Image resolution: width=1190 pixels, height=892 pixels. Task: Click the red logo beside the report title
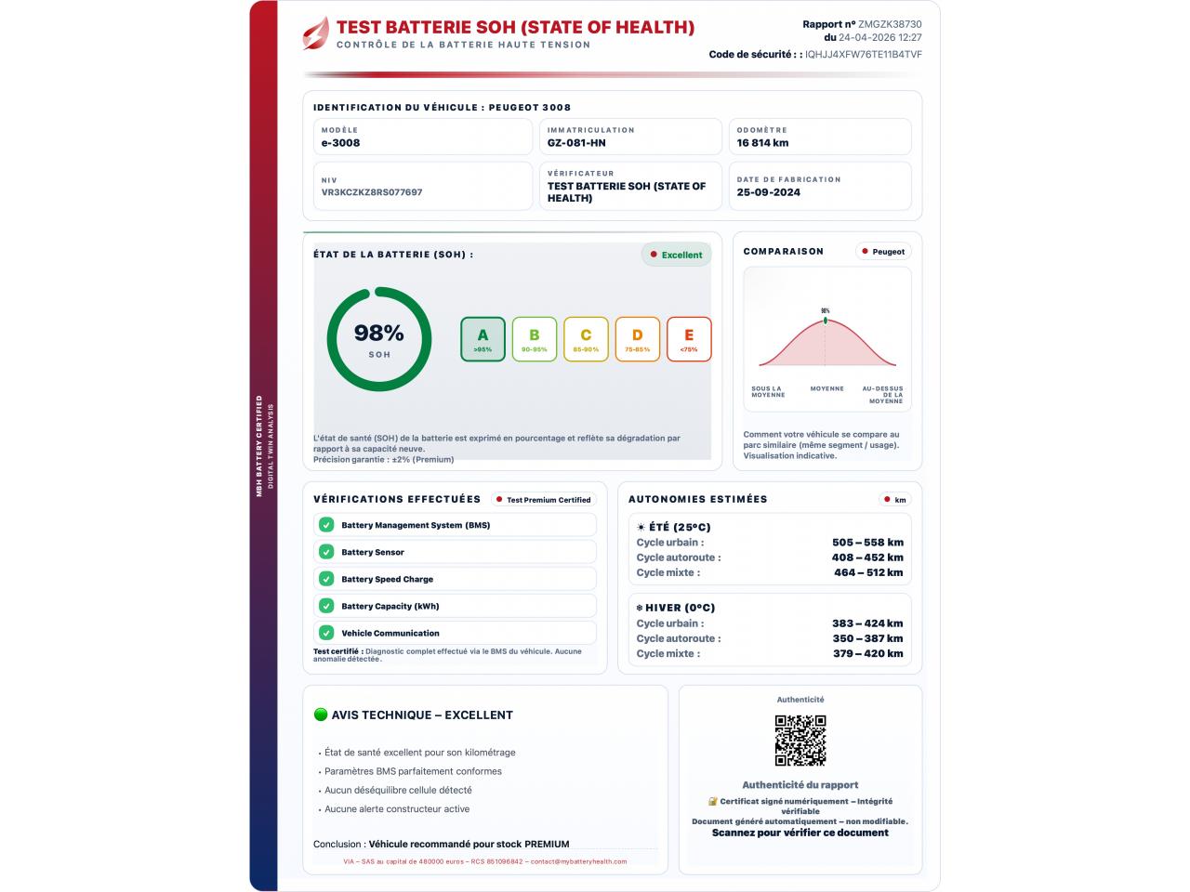click(x=316, y=33)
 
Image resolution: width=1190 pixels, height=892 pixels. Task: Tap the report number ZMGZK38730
click(x=890, y=24)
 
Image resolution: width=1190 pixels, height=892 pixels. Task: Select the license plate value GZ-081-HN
click(x=576, y=143)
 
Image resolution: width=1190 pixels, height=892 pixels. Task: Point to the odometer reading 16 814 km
click(x=762, y=143)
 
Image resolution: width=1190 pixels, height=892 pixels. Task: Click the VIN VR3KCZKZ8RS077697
click(x=372, y=192)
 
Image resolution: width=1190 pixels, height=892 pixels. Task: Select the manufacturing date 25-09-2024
click(x=769, y=192)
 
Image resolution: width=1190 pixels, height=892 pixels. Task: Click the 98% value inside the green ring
click(x=378, y=333)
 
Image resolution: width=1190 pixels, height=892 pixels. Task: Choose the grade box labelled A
click(x=483, y=339)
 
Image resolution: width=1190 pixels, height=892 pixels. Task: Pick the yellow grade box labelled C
click(x=586, y=339)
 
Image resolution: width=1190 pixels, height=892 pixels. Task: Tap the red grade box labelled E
click(x=689, y=339)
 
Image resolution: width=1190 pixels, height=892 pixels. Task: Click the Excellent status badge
click(x=677, y=255)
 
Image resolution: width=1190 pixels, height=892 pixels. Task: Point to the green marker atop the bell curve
click(x=825, y=321)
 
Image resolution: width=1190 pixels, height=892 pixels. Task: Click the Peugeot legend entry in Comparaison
click(x=883, y=252)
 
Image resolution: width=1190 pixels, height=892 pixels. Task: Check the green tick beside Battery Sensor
click(x=326, y=552)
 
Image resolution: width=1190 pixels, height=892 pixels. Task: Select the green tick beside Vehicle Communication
click(x=326, y=633)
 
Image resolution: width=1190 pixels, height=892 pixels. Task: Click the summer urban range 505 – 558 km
click(x=867, y=543)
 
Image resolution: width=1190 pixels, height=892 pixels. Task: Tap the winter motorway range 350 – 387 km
click(x=867, y=638)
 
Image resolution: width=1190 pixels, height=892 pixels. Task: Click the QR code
click(x=800, y=741)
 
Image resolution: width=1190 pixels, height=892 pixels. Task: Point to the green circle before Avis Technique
click(x=321, y=715)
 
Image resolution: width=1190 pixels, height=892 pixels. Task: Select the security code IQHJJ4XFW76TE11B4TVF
click(x=864, y=54)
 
